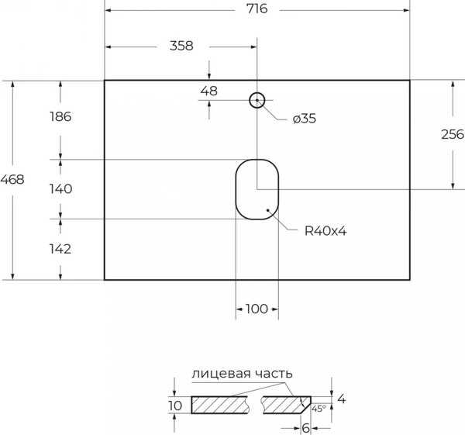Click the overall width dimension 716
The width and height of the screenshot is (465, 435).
[257, 10]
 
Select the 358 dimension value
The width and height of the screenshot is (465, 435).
[181, 45]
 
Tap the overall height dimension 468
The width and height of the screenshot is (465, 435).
[13, 179]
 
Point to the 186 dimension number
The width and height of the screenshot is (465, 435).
[60, 117]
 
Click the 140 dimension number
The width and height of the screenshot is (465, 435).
[60, 188]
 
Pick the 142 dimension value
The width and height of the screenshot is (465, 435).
[60, 249]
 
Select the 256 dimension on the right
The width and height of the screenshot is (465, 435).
[452, 134]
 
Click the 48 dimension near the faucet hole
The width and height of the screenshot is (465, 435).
[208, 91]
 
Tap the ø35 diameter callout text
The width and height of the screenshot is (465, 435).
[305, 119]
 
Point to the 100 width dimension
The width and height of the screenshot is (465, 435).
[257, 309]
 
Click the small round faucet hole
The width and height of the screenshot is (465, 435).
[257, 100]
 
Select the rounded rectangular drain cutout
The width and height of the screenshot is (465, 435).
[257, 189]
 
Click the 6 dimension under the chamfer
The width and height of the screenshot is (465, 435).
[306, 427]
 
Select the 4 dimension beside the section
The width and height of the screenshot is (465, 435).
[340, 399]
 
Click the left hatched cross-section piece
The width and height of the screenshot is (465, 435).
[219, 405]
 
